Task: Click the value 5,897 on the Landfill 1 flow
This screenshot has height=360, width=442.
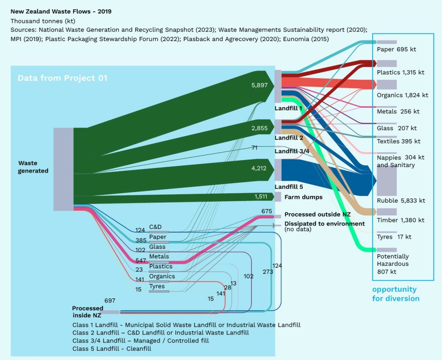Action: point(260,85)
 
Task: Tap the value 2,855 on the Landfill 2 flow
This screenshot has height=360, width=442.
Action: point(260,129)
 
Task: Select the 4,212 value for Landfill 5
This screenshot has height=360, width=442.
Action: point(260,169)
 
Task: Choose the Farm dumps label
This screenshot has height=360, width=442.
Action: point(304,197)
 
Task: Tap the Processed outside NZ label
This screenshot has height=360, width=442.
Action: point(318,215)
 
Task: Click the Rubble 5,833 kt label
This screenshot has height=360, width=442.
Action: point(401,201)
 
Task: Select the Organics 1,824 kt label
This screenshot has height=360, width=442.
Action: point(402,95)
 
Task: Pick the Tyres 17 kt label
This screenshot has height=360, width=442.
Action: point(394,237)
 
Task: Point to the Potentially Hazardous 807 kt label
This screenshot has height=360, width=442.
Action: point(393,264)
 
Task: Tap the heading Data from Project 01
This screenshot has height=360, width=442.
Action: point(62,78)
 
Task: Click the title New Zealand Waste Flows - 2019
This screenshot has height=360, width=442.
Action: point(61,11)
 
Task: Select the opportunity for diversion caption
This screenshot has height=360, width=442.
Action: point(395,294)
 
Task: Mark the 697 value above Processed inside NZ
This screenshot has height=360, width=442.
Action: point(110,301)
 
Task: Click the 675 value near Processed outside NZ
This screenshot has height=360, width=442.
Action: point(267,212)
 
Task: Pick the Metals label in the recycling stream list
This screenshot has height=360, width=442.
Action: point(159,257)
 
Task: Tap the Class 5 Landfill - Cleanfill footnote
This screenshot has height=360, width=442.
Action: point(112,349)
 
